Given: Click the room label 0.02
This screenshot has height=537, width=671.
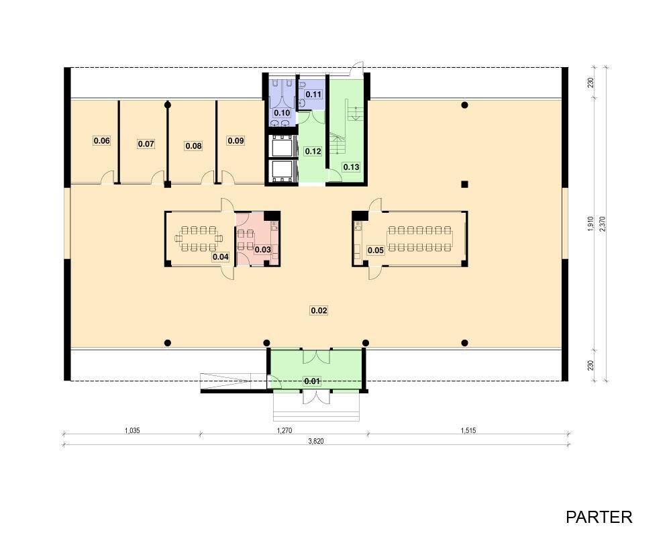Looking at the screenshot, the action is (319, 310).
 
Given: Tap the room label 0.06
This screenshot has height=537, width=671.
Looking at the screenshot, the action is (102, 140).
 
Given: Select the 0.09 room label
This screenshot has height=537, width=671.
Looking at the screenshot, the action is (236, 140).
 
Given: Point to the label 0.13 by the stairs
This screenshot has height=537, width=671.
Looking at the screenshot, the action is (351, 166).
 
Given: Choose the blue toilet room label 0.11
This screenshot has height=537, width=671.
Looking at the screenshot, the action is (313, 94).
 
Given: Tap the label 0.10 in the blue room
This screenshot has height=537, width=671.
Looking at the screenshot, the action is (282, 113).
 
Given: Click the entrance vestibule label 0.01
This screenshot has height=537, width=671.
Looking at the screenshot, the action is (312, 381).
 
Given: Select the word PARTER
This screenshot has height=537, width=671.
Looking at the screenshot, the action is (599, 517).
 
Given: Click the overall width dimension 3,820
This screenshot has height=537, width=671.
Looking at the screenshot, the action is (316, 441).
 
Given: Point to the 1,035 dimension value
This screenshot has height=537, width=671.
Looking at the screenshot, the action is (132, 430).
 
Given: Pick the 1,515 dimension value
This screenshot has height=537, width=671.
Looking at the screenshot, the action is (468, 430).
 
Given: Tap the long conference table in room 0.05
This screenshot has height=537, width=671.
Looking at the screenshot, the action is (420, 238).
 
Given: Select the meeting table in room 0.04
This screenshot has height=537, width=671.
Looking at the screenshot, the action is (199, 238).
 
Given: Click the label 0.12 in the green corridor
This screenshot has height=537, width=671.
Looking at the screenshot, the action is (313, 151).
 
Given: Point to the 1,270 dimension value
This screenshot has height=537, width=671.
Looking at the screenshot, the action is (284, 430).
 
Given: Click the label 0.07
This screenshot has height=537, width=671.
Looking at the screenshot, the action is (146, 144).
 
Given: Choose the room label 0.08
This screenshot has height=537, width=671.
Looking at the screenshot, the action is (193, 146).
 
